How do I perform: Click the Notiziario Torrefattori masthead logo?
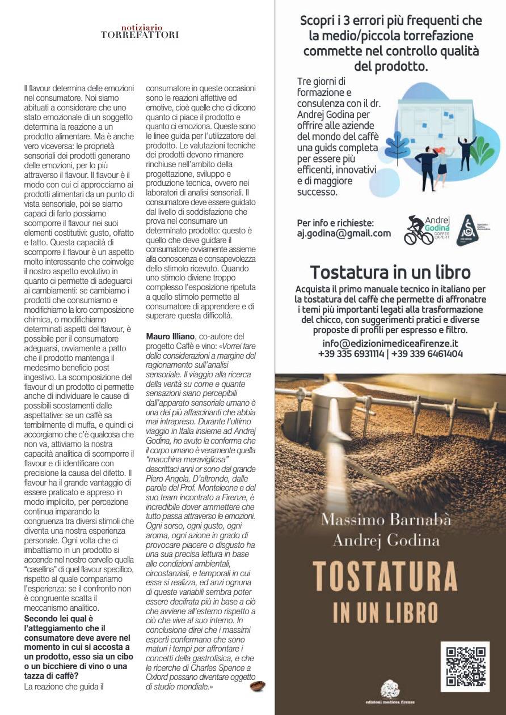pyautogui.click(x=140, y=31)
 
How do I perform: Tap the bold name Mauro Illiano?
pyautogui.click(x=169, y=337)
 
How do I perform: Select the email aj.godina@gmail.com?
pyautogui.click(x=344, y=233)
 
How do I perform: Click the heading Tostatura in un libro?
pyautogui.click(x=390, y=271)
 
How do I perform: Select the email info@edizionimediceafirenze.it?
pyautogui.click(x=390, y=343)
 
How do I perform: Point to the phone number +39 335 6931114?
pyautogui.click(x=351, y=354)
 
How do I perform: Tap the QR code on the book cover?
pyautogui.click(x=464, y=667)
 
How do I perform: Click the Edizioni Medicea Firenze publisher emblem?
pyautogui.click(x=390, y=689)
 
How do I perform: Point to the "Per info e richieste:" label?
pyautogui.click(x=336, y=223)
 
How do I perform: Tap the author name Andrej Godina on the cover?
pyautogui.click(x=386, y=540)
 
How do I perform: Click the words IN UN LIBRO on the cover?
pyautogui.click(x=386, y=612)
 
